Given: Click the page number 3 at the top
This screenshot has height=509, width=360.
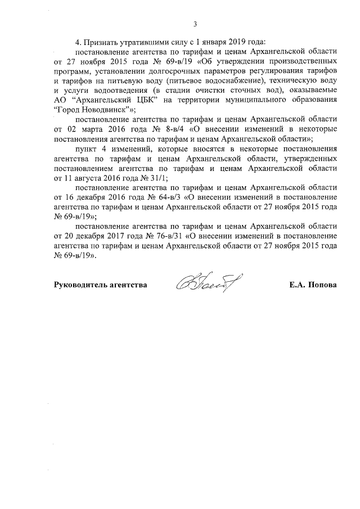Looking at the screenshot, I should click(x=195, y=24).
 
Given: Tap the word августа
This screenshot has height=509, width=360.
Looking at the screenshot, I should click(x=82, y=176).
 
